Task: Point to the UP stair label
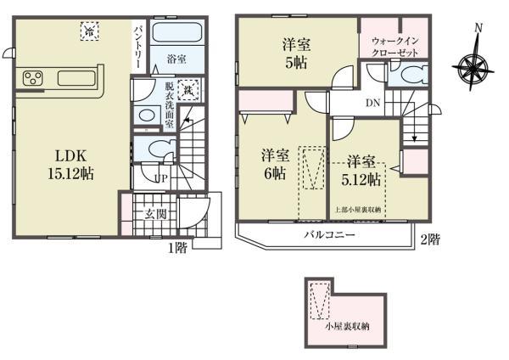(x=159, y=177)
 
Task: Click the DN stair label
(x=372, y=104)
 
